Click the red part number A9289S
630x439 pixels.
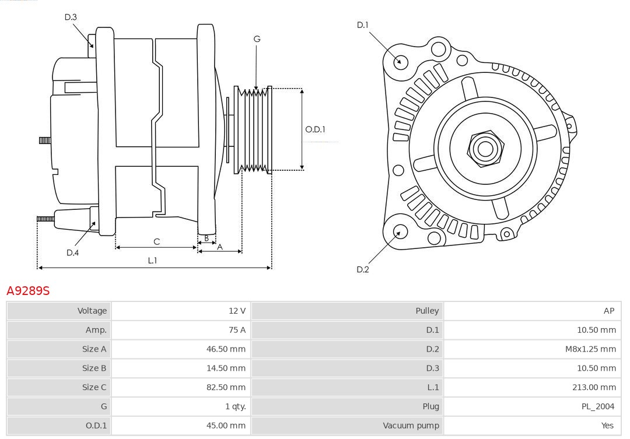28,290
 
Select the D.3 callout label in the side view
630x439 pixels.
71,17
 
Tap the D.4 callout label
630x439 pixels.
72,252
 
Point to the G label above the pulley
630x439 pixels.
257,39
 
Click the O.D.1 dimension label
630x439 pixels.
315,129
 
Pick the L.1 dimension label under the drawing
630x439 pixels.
152,261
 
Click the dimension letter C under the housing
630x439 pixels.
156,241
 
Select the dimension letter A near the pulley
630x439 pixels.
220,247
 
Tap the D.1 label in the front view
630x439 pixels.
363,25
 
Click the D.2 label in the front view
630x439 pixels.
363,269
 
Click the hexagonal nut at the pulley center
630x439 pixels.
485,149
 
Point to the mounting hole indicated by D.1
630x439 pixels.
401,61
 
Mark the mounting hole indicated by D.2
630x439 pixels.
400,232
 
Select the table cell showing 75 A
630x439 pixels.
237,330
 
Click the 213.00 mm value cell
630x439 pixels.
596,387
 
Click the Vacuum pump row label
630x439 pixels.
411,426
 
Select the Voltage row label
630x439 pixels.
92,311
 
